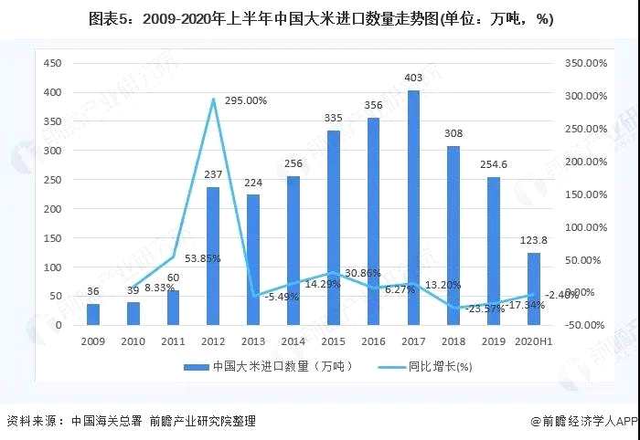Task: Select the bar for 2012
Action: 213,257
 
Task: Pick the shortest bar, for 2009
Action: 92,314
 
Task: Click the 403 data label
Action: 413,79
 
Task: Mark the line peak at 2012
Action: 213,100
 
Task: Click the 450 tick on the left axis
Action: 52,63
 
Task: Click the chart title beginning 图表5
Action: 320,18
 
